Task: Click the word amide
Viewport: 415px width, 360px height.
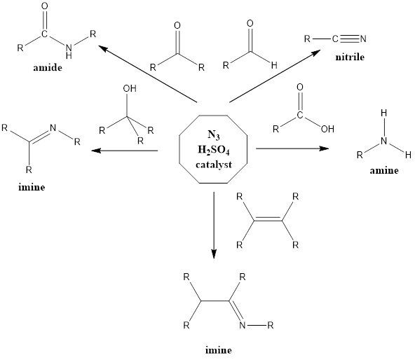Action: (48, 68)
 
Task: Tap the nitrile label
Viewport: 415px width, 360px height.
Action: (350, 57)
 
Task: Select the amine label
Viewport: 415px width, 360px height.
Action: (384, 170)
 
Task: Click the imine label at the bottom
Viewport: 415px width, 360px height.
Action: (219, 350)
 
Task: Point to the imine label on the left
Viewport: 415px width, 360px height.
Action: (32, 187)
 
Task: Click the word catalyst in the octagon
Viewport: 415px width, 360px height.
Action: (214, 165)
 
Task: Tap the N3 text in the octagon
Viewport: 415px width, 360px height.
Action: (214, 135)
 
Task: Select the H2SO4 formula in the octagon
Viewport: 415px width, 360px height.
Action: (214, 151)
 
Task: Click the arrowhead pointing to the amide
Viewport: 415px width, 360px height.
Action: (102, 48)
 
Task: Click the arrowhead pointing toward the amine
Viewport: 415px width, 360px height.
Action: (325, 148)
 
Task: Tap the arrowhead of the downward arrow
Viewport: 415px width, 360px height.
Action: (214, 254)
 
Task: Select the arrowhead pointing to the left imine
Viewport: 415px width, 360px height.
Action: (96, 151)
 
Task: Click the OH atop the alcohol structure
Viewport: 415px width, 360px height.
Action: (130, 88)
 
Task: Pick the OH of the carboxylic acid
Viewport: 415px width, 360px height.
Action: (327, 129)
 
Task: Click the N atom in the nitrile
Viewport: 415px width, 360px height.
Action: (363, 39)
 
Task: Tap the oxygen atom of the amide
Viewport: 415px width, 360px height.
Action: (45, 6)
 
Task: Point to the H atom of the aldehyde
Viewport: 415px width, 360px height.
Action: (274, 65)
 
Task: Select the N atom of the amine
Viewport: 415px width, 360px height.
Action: (383, 141)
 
